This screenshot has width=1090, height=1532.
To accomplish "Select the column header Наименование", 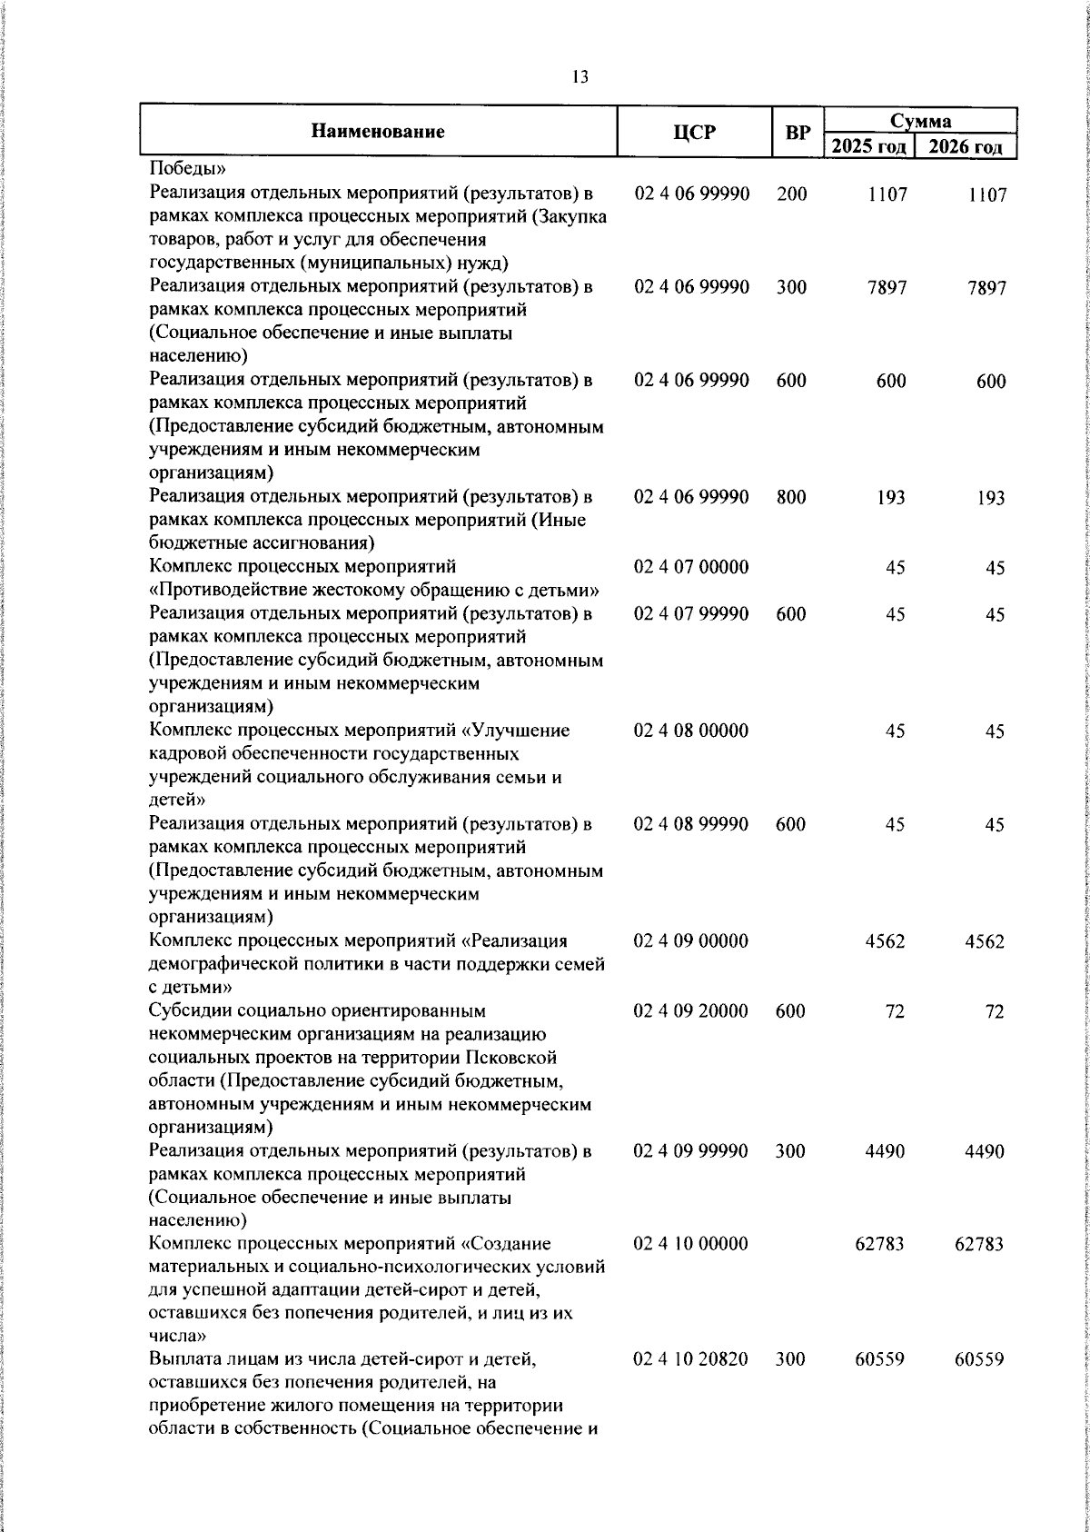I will pos(378,132).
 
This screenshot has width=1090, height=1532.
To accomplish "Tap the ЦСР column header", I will pos(694,133).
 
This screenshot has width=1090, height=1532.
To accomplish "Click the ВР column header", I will pos(798,133).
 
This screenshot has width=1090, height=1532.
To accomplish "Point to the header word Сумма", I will pos(920,121).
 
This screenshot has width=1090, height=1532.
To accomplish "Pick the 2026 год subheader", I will pos(966,146).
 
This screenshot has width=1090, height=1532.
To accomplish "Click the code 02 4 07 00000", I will pos(691,568).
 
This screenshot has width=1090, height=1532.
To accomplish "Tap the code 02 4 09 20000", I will pos(691,1011).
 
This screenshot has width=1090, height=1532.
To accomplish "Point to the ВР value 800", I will pos(791,497).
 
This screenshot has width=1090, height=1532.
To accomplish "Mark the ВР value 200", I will pos(791,194).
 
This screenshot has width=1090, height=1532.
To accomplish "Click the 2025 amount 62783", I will pos(879,1244).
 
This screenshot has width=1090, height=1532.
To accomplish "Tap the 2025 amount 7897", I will pos(887,288).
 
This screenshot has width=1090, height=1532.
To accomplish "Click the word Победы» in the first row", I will pos(181,169).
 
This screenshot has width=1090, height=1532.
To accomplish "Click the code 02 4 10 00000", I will pos(691,1243).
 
